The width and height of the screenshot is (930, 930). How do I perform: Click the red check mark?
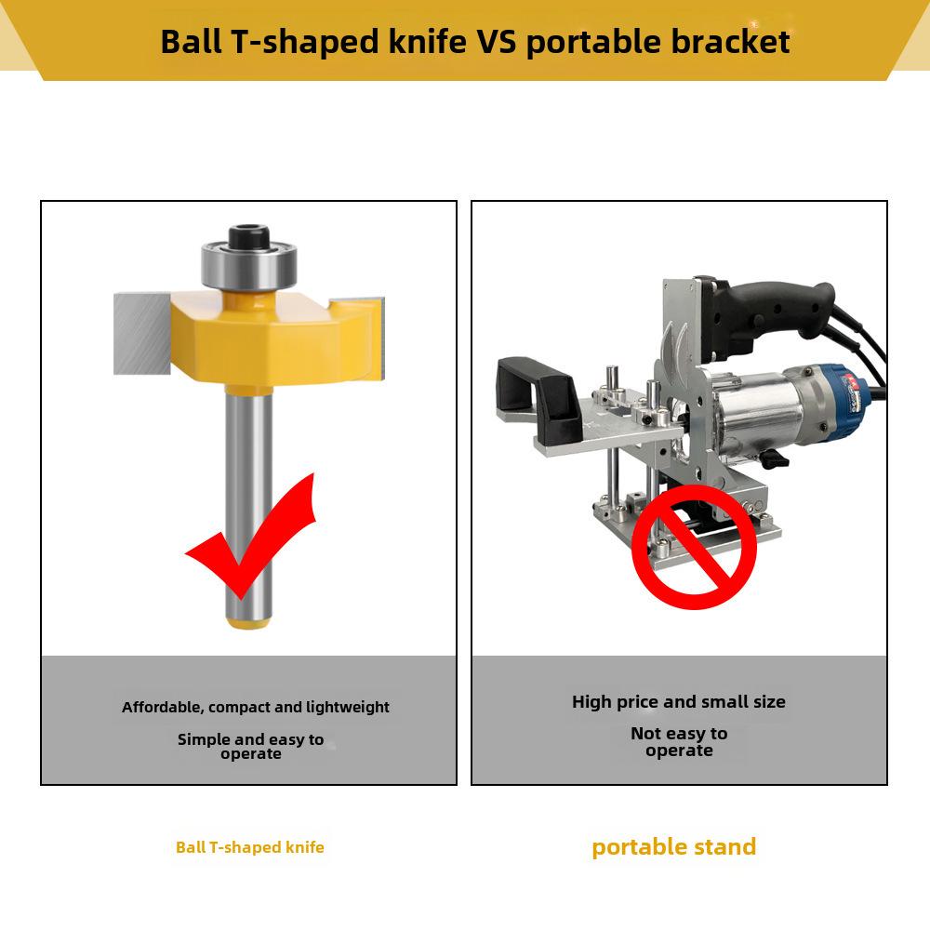pyautogui.click(x=249, y=537)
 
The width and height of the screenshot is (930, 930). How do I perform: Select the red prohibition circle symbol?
pyautogui.click(x=694, y=546)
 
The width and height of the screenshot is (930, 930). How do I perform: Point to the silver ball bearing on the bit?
pyautogui.click(x=248, y=266)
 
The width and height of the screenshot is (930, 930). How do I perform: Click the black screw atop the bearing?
pyautogui.click(x=249, y=235)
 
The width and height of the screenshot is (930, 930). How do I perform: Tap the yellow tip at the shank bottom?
pyautogui.click(x=248, y=622)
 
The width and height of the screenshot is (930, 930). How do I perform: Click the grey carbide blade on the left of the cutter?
pyautogui.click(x=141, y=334)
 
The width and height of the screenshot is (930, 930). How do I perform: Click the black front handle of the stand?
pyautogui.click(x=538, y=396)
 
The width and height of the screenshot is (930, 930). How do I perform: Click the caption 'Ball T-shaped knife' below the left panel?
pyautogui.click(x=249, y=847)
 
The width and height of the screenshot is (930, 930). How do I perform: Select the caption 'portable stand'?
pyautogui.click(x=673, y=847)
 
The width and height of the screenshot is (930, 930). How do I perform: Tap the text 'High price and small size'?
pyautogui.click(x=679, y=702)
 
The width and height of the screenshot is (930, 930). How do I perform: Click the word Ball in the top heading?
pyautogui.click(x=191, y=42)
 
